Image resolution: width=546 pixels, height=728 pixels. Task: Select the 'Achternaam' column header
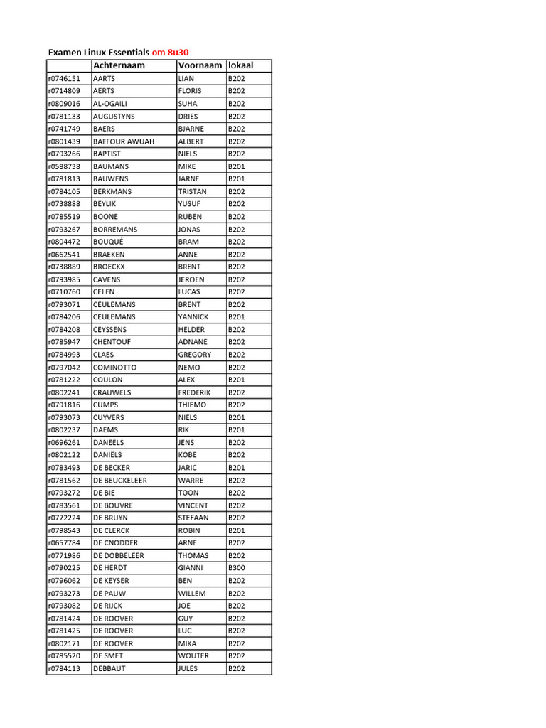119,65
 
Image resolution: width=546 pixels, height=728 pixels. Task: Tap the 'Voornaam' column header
200,65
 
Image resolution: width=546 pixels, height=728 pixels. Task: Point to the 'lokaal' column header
240,65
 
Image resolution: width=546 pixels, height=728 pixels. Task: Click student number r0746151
64,78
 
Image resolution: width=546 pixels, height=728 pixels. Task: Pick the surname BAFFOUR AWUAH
123,141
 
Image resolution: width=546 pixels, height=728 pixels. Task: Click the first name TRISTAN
193,191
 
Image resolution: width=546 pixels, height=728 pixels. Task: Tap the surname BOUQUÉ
110,242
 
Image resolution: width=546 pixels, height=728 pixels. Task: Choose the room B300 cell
236,568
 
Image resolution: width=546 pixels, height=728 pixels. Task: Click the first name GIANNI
191,568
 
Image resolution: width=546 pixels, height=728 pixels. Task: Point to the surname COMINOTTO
114,368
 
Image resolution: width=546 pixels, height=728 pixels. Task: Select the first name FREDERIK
194,392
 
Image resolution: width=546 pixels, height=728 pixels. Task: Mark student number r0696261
64,442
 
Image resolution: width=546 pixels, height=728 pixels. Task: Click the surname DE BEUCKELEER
120,481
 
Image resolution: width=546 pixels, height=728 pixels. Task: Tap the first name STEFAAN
193,518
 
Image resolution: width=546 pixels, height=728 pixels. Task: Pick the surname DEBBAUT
109,668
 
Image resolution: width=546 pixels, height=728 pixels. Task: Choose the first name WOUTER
193,655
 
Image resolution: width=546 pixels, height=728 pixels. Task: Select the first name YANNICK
193,317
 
